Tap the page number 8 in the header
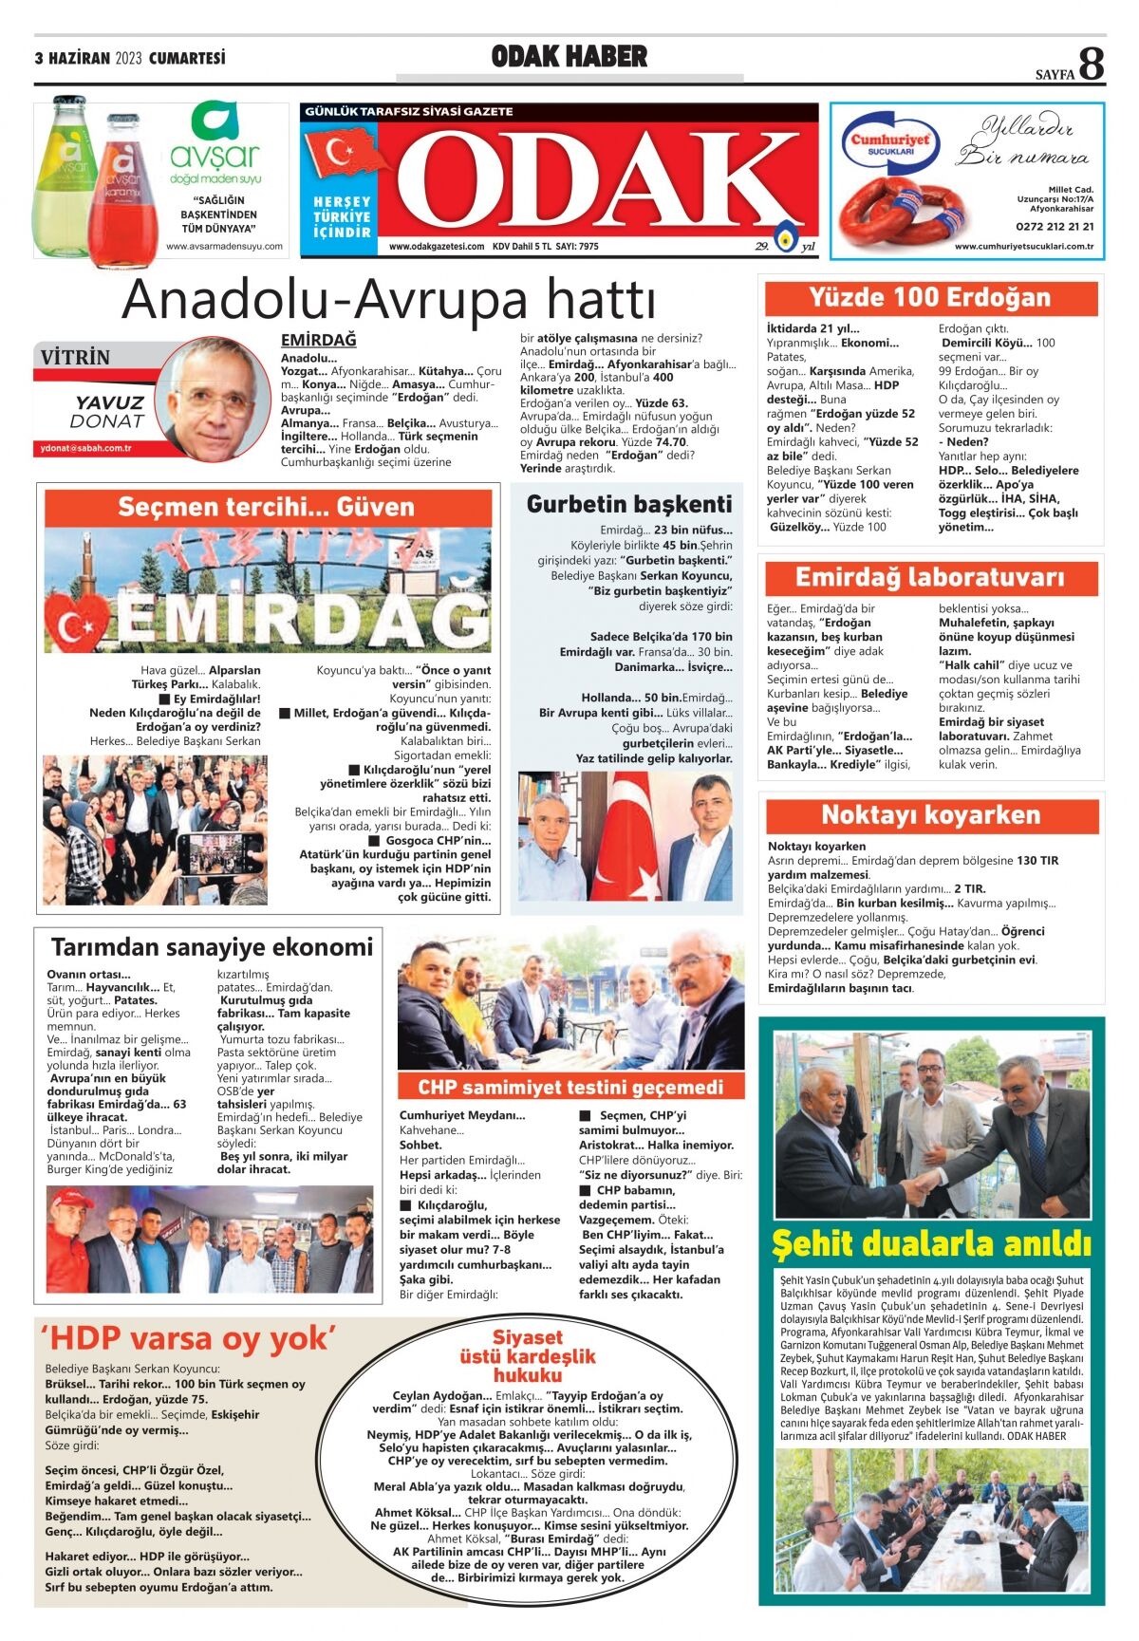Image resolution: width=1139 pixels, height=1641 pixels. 1092,65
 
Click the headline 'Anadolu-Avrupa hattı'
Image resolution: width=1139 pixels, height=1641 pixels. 388,300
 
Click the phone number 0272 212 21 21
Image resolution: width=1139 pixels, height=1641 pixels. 1054,227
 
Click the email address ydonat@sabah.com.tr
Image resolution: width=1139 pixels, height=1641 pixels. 86,448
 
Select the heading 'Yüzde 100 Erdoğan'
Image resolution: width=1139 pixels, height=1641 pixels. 930,298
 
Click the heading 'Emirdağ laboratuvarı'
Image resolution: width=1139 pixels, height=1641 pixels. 930,577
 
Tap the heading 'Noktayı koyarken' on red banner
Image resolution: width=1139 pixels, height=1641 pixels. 930,815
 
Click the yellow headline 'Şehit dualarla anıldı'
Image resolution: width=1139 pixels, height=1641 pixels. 931,1243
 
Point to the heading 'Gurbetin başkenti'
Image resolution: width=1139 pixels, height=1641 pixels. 629,504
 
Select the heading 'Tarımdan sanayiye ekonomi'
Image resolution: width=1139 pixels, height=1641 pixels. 212,947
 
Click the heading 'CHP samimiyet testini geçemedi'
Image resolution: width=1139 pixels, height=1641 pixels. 570,1088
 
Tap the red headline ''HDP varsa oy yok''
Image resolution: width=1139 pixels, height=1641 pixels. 188,1339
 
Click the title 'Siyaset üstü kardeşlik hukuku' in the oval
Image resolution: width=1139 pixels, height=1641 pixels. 528,1356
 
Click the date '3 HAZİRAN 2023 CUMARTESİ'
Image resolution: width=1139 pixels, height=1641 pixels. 130,58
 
